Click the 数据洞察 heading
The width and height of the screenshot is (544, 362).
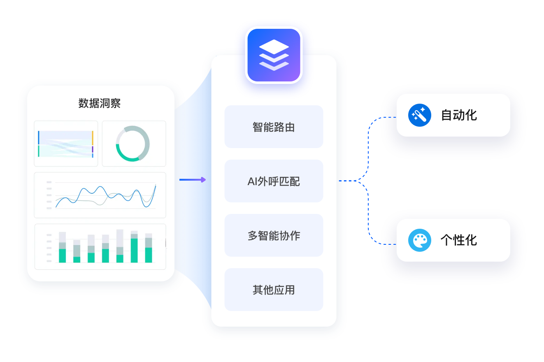click(100, 103)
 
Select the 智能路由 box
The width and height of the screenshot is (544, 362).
click(274, 127)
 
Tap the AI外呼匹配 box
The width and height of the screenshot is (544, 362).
click(274, 181)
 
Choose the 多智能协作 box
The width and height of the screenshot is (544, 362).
click(274, 235)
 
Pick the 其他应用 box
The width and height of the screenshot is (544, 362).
click(274, 290)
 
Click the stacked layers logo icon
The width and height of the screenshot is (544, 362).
click(274, 55)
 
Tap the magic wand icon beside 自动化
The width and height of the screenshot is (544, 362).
click(419, 115)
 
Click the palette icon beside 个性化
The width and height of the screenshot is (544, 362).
click(419, 240)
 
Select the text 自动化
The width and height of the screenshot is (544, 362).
click(459, 115)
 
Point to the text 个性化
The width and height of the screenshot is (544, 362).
click(459, 240)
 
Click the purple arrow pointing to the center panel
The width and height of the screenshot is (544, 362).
click(192, 179)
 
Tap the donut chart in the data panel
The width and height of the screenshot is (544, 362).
click(133, 144)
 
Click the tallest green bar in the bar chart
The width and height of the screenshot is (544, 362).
click(134, 250)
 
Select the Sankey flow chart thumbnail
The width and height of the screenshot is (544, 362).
click(66, 144)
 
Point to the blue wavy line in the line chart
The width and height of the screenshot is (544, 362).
click(99, 190)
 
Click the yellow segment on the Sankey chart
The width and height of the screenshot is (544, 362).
click(93, 137)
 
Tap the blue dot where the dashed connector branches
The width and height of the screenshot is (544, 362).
click(360, 181)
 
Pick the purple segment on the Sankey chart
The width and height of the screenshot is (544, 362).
click(93, 149)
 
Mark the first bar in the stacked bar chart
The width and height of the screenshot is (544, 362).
click(63, 248)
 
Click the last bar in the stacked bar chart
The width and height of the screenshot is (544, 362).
click(149, 248)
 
